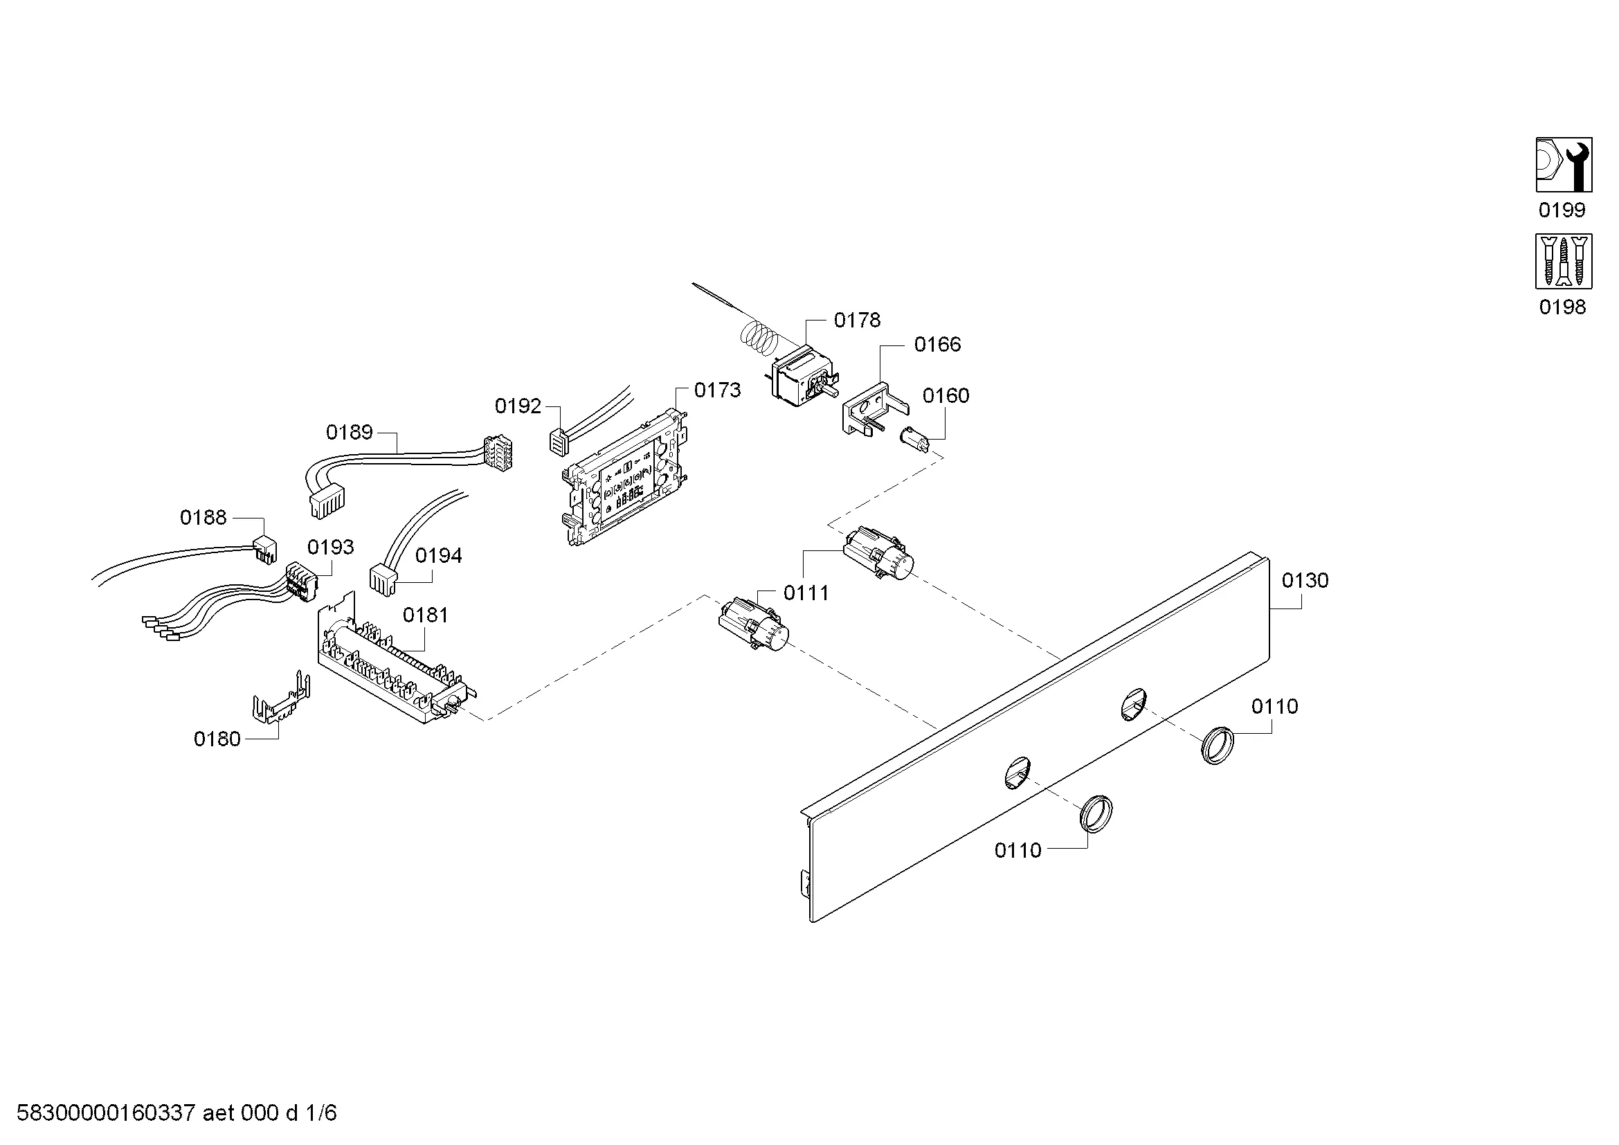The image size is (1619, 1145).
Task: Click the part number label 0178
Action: pyautogui.click(x=857, y=320)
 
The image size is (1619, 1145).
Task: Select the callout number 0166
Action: pyautogui.click(x=937, y=344)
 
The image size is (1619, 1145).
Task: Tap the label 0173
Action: pyautogui.click(x=717, y=390)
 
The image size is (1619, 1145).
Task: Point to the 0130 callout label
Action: pyautogui.click(x=1305, y=580)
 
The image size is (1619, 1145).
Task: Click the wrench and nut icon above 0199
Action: pyautogui.click(x=1564, y=164)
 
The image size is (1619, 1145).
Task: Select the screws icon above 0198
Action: pyautogui.click(x=1564, y=262)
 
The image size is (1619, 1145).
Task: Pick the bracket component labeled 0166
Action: pyautogui.click(x=873, y=408)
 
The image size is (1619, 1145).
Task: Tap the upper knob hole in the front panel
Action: pyautogui.click(x=1133, y=704)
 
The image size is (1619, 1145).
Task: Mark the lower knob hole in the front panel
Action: pyautogui.click(x=1017, y=771)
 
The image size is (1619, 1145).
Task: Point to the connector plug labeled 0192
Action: pyautogui.click(x=558, y=442)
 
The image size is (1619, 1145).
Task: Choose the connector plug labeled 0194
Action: pyautogui.click(x=383, y=579)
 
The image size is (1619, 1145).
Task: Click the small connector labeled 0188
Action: pyautogui.click(x=265, y=552)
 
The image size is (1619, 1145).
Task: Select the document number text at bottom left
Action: pyautogui.click(x=177, y=1112)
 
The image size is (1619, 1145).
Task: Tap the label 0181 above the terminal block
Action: pyautogui.click(x=425, y=615)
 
